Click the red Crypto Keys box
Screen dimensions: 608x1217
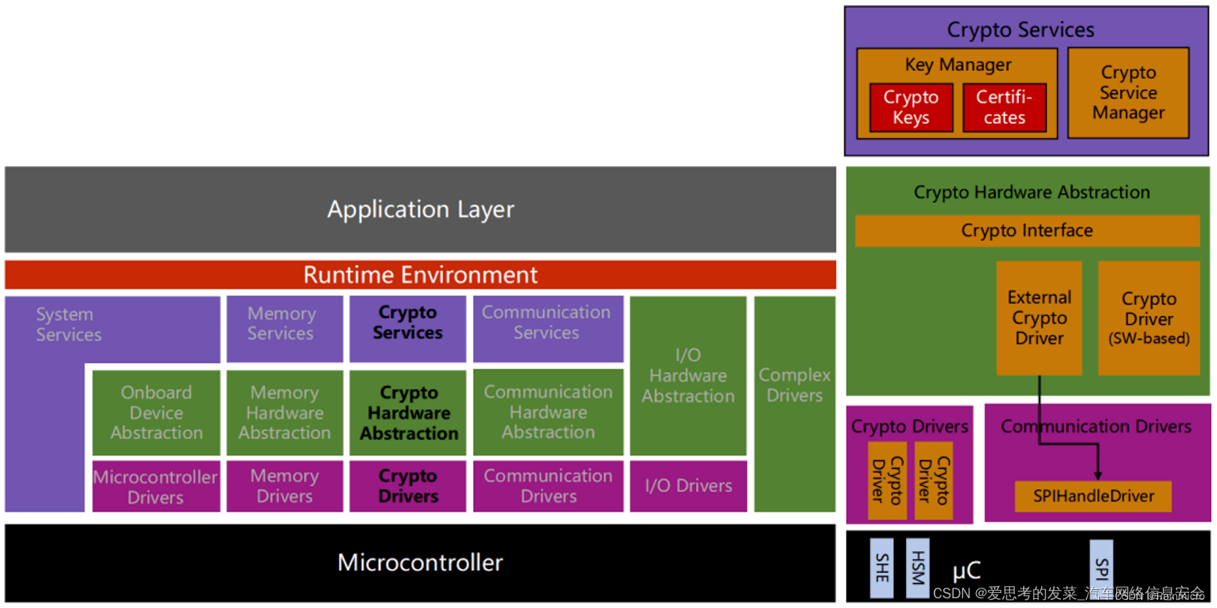(x=910, y=108)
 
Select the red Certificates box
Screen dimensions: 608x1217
(x=1004, y=108)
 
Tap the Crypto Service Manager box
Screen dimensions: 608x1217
(x=1128, y=93)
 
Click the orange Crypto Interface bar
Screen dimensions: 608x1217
(x=1026, y=231)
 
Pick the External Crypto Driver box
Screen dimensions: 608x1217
(x=1039, y=318)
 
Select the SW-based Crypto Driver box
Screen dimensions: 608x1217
(x=1149, y=318)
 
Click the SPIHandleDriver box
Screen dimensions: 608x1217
(x=1093, y=496)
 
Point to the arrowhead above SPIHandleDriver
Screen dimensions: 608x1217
(x=1098, y=475)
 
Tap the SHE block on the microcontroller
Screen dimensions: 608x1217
(x=882, y=567)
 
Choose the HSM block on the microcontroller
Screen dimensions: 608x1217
(x=917, y=567)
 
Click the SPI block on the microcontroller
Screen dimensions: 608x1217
(x=1101, y=567)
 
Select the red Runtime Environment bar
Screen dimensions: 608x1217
(x=420, y=275)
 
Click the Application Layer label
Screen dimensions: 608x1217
(x=420, y=209)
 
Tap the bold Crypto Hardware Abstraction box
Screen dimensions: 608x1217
(x=408, y=413)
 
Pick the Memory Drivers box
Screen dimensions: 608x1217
(x=285, y=486)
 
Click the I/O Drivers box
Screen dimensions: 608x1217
(x=688, y=486)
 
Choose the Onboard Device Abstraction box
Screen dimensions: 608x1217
(x=156, y=413)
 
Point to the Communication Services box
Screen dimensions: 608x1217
(x=547, y=323)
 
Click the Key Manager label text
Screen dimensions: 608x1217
(x=957, y=65)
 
